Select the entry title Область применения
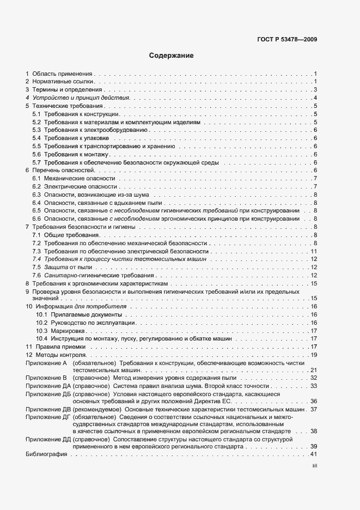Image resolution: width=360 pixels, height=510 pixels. (63, 74)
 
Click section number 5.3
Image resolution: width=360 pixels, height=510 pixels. (36, 130)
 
